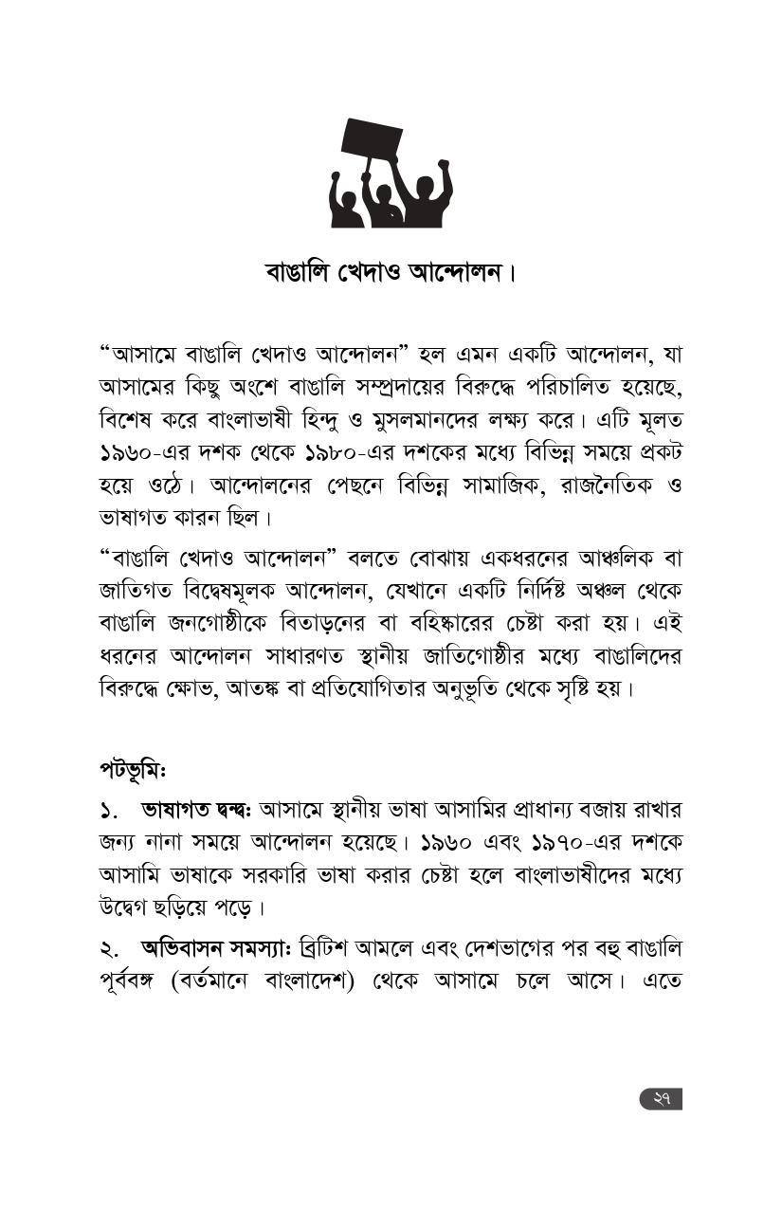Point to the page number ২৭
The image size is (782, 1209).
pyautogui.click(x=662, y=1098)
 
